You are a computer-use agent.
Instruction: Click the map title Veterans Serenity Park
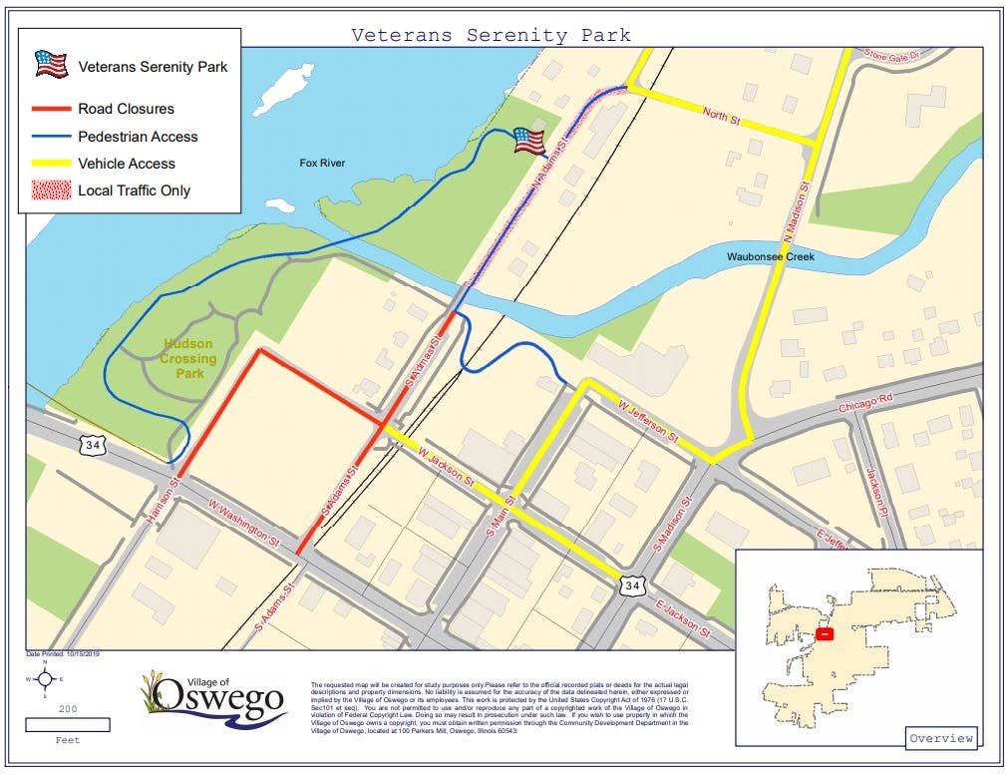pos(491,35)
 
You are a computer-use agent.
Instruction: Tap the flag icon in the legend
pos(51,65)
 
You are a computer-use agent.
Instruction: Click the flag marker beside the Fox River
pos(529,142)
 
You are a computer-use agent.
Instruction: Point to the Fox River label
pos(322,163)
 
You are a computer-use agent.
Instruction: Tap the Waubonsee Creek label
pos(771,257)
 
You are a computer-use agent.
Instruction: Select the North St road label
pos(721,118)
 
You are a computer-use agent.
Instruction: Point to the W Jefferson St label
pos(649,422)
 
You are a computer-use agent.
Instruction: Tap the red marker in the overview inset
pos(825,633)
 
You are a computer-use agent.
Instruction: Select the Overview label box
pos(942,738)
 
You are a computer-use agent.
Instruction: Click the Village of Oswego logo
pos(214,697)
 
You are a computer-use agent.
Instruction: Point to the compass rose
pos(44,679)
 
